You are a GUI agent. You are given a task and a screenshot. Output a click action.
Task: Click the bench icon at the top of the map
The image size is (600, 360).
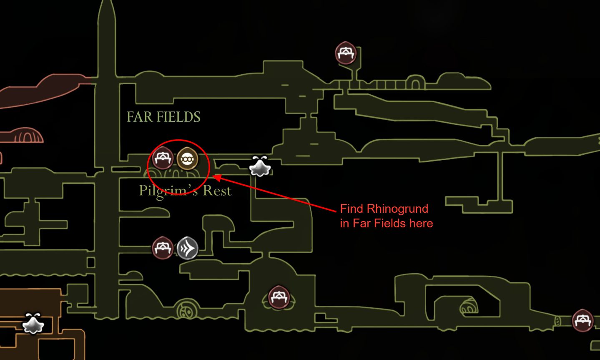coord(346,53)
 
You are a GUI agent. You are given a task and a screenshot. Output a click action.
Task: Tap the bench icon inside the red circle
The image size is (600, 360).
coord(163,158)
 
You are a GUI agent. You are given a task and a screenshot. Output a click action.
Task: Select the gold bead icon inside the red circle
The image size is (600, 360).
coord(187,159)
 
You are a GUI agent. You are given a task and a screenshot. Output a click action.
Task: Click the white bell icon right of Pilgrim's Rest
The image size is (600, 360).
coord(260,166)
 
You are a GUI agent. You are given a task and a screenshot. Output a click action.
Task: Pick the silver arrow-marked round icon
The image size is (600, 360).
coord(187,248)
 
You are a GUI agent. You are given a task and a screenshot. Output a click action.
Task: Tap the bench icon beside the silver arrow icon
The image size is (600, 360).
coord(163,248)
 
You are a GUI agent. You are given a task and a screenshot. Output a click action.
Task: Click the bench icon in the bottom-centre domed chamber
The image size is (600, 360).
coord(279,297)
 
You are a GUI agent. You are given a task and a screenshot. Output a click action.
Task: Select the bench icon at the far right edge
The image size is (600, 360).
coord(582,320)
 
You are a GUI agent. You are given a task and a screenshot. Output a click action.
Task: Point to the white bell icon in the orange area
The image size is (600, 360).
coord(33,323)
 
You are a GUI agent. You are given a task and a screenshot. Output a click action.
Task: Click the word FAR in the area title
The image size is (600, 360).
coord(139,117)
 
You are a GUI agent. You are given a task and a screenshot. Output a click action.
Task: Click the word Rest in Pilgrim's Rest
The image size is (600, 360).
coord(217,191)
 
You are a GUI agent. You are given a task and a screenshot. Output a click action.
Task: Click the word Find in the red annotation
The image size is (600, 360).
coord(352,209)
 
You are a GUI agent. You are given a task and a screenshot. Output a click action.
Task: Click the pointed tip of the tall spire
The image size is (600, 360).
coord(107,3)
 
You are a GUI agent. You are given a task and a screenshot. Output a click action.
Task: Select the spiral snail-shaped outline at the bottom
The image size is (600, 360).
coord(186,310)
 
